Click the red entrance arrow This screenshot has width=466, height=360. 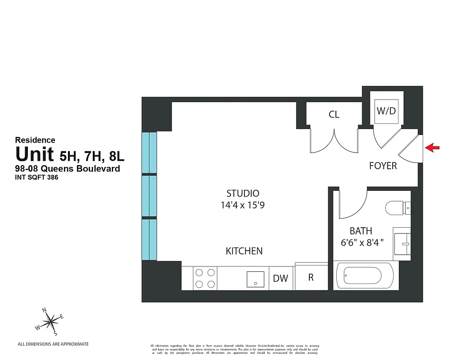click(x=432, y=147)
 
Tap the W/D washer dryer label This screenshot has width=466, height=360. click(x=386, y=111)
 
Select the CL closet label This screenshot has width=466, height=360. click(x=334, y=115)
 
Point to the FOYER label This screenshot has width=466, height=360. click(x=383, y=166)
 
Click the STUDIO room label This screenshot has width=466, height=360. click(x=243, y=193)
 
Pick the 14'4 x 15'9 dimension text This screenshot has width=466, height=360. click(x=243, y=205)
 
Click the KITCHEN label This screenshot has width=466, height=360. click(x=244, y=251)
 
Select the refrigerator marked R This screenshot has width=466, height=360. click(x=311, y=277)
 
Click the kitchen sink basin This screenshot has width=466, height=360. click(x=255, y=279)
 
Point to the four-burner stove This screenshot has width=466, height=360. click(x=205, y=278)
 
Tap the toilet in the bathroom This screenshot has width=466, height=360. click(x=398, y=208)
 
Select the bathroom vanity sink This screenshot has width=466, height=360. click(x=402, y=243)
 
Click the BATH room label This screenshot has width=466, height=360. click(x=361, y=231)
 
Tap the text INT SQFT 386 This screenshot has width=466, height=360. click(x=37, y=177)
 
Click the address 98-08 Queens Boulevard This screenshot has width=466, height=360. click(x=68, y=169)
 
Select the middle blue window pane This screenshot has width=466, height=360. click(x=149, y=196)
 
